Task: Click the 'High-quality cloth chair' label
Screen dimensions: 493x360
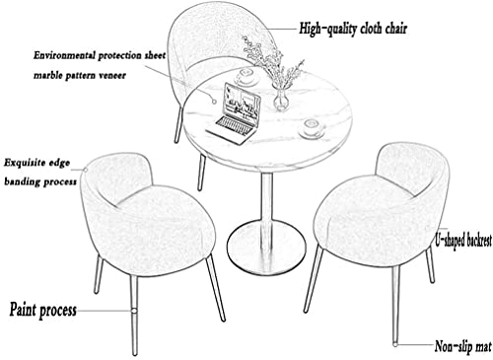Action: point(353,29)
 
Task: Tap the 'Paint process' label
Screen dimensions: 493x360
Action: point(43,310)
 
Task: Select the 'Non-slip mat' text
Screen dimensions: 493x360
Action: point(463,346)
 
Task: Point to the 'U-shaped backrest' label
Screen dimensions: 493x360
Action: point(463,241)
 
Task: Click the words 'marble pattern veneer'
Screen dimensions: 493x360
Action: point(80,76)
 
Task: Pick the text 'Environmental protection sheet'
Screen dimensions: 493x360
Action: point(100,55)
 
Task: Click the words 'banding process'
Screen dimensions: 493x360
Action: point(40,181)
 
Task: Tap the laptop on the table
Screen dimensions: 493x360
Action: point(235,114)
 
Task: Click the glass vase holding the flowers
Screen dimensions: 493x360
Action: point(281,98)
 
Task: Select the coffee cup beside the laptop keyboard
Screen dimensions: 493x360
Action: point(312,128)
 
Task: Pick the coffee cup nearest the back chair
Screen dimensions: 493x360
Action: point(246,76)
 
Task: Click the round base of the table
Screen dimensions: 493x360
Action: point(266,248)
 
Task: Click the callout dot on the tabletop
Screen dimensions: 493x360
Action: point(214,102)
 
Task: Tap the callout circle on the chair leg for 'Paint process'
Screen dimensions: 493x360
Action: point(134,311)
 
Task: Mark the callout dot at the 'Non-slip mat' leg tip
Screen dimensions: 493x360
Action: point(394,344)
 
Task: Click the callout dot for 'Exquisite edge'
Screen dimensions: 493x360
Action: point(85,170)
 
